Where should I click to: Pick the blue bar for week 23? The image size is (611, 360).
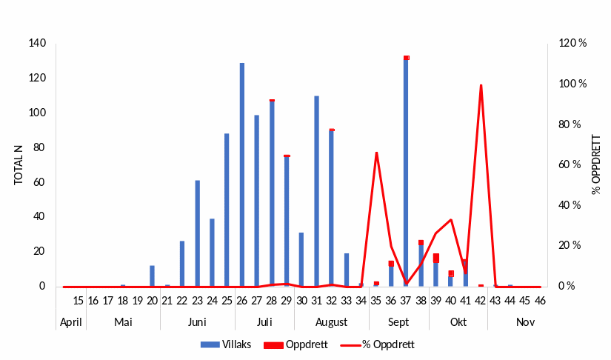tap(198, 233)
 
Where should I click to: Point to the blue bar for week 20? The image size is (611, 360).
tap(153, 276)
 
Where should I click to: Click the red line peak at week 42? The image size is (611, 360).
tap(481, 85)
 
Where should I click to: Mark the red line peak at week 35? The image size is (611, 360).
tap(377, 153)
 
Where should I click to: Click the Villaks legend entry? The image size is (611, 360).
tap(231, 344)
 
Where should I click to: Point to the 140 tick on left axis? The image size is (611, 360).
tap(37, 44)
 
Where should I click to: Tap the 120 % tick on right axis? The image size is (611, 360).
tap(572, 44)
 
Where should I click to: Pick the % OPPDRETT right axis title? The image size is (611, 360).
tap(596, 164)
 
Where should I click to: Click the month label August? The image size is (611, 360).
tap(331, 322)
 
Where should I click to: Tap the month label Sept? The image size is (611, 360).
tap(398, 322)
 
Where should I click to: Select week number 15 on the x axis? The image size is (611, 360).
tap(79, 301)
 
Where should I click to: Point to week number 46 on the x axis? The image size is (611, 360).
tap(541, 301)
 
